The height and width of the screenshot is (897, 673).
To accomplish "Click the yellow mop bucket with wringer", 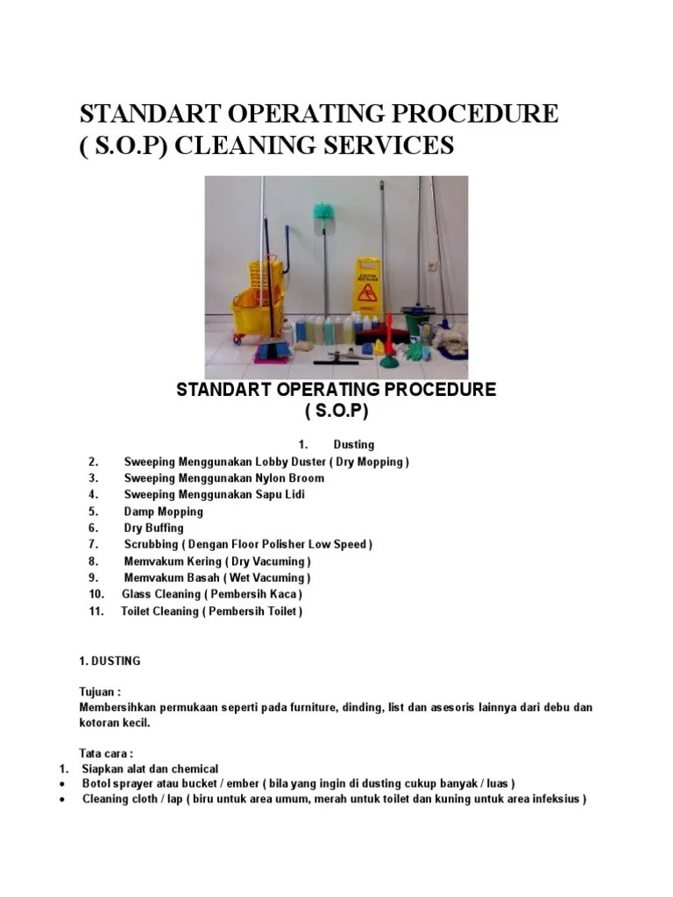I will click(x=256, y=298).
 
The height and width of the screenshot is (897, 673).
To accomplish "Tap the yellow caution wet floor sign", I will click(x=367, y=285).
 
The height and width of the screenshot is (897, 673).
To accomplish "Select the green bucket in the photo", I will click(x=414, y=314).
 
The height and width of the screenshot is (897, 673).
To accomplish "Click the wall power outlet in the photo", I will click(x=433, y=265).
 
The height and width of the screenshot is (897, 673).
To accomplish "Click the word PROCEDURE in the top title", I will click(x=476, y=115).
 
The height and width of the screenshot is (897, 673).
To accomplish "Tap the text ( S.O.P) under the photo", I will click(x=336, y=411).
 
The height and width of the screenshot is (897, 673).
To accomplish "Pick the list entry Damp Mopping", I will click(x=163, y=511).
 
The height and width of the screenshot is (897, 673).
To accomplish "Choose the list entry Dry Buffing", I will click(x=153, y=527).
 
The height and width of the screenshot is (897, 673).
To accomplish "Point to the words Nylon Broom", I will click(x=289, y=477).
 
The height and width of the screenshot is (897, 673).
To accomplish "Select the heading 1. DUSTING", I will click(x=110, y=660).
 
